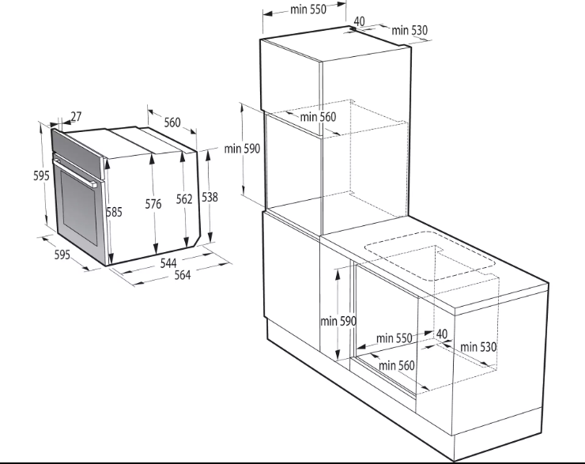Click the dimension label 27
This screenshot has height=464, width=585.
tap(76, 117)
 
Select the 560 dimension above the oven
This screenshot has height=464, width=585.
tap(172, 123)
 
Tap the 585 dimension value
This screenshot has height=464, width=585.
tap(114, 212)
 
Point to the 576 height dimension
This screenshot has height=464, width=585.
tap(153, 204)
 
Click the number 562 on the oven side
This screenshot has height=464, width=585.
tap(184, 199)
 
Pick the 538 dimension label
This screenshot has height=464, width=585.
tap(209, 197)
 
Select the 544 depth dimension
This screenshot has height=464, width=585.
tap(168, 263)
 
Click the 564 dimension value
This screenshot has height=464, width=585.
tap(183, 275)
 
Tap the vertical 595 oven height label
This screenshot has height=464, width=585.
tap(41, 175)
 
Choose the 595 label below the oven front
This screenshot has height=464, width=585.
tap(62, 255)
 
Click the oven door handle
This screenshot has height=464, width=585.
tap(75, 172)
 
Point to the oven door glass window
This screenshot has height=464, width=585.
tap(79, 211)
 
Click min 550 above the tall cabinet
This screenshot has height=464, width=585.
tap(308, 9)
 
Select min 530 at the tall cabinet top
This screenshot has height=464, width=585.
tap(409, 30)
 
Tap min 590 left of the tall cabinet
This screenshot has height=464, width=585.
tap(242, 149)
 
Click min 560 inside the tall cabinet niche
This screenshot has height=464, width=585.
tap(318, 117)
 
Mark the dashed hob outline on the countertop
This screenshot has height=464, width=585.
tap(430, 256)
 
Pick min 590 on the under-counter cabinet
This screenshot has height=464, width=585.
tap(338, 321)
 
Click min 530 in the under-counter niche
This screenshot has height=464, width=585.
tap(478, 347)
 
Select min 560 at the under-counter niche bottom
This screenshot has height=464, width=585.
tap(397, 365)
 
